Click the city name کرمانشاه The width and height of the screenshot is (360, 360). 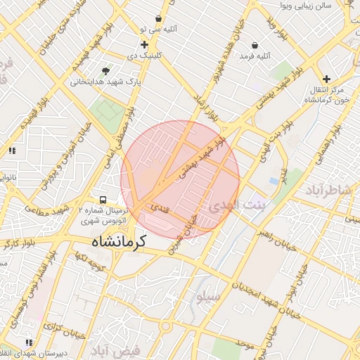[118, 240]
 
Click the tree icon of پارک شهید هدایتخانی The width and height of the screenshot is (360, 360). [105, 70]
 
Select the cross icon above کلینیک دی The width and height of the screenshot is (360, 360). [144, 44]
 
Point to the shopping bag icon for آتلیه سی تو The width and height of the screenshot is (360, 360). [159, 18]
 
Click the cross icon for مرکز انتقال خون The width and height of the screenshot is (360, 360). [326, 79]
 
